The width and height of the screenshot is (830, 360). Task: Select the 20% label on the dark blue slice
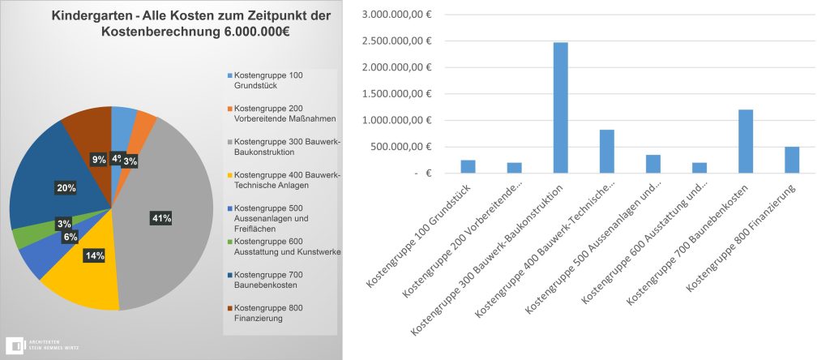click(66, 188)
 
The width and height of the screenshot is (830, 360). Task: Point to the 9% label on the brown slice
click(99, 160)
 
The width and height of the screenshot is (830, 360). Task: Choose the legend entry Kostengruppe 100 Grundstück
click(268, 79)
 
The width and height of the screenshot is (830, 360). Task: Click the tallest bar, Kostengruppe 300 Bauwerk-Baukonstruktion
click(560, 107)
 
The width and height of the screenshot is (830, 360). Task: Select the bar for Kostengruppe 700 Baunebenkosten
click(746, 141)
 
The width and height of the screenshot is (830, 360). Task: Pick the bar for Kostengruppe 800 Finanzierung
click(792, 160)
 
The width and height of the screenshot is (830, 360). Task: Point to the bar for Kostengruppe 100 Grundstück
click(468, 166)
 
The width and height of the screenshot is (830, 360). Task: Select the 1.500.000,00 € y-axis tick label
click(397, 94)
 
